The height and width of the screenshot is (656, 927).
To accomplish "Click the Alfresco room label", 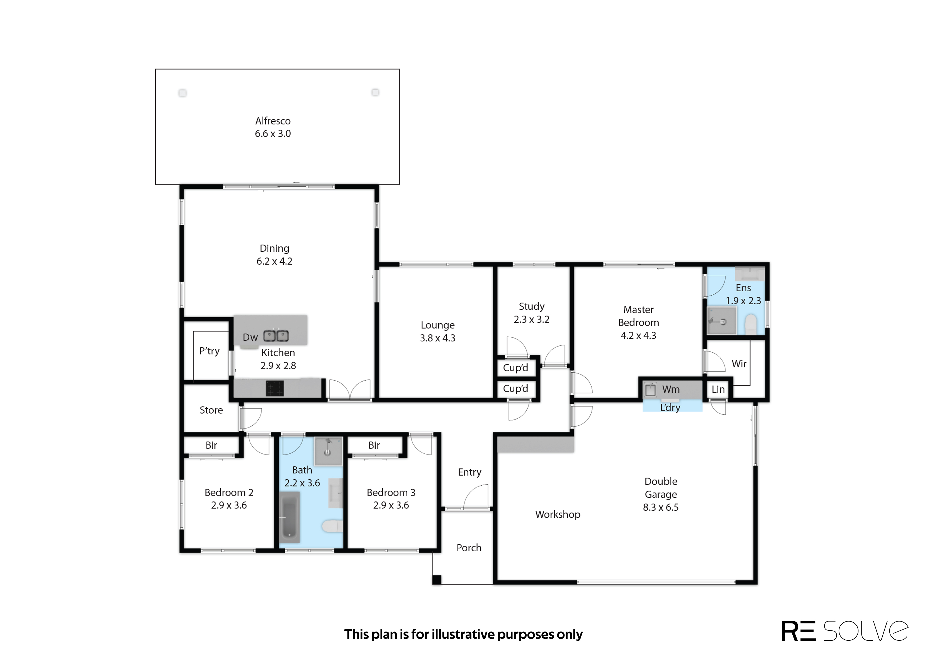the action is [x=273, y=121].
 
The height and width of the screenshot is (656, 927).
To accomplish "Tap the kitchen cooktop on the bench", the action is [x=274, y=389].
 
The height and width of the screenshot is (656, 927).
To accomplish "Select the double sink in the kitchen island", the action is [x=276, y=336].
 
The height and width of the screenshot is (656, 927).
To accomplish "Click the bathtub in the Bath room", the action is [x=289, y=517].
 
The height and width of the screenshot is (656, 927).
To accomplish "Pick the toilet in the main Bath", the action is [x=332, y=526].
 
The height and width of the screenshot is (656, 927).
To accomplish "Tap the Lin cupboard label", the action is [x=718, y=389].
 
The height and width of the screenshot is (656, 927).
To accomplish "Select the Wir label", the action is [x=739, y=364].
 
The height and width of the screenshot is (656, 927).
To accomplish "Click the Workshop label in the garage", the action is [x=558, y=515].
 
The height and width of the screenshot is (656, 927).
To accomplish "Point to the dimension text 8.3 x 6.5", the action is [x=661, y=507].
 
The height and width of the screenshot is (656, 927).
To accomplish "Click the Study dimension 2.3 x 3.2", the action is [x=532, y=320].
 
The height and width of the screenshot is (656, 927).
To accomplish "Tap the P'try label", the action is [x=210, y=351].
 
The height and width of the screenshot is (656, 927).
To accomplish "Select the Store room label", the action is [x=211, y=410].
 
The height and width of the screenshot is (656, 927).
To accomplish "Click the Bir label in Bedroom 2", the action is [x=211, y=445].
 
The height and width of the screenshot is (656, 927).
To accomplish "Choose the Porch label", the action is [x=469, y=548].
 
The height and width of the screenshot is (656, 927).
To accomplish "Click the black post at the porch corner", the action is [x=437, y=580].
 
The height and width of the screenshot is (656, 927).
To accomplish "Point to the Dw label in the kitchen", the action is [x=250, y=338].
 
